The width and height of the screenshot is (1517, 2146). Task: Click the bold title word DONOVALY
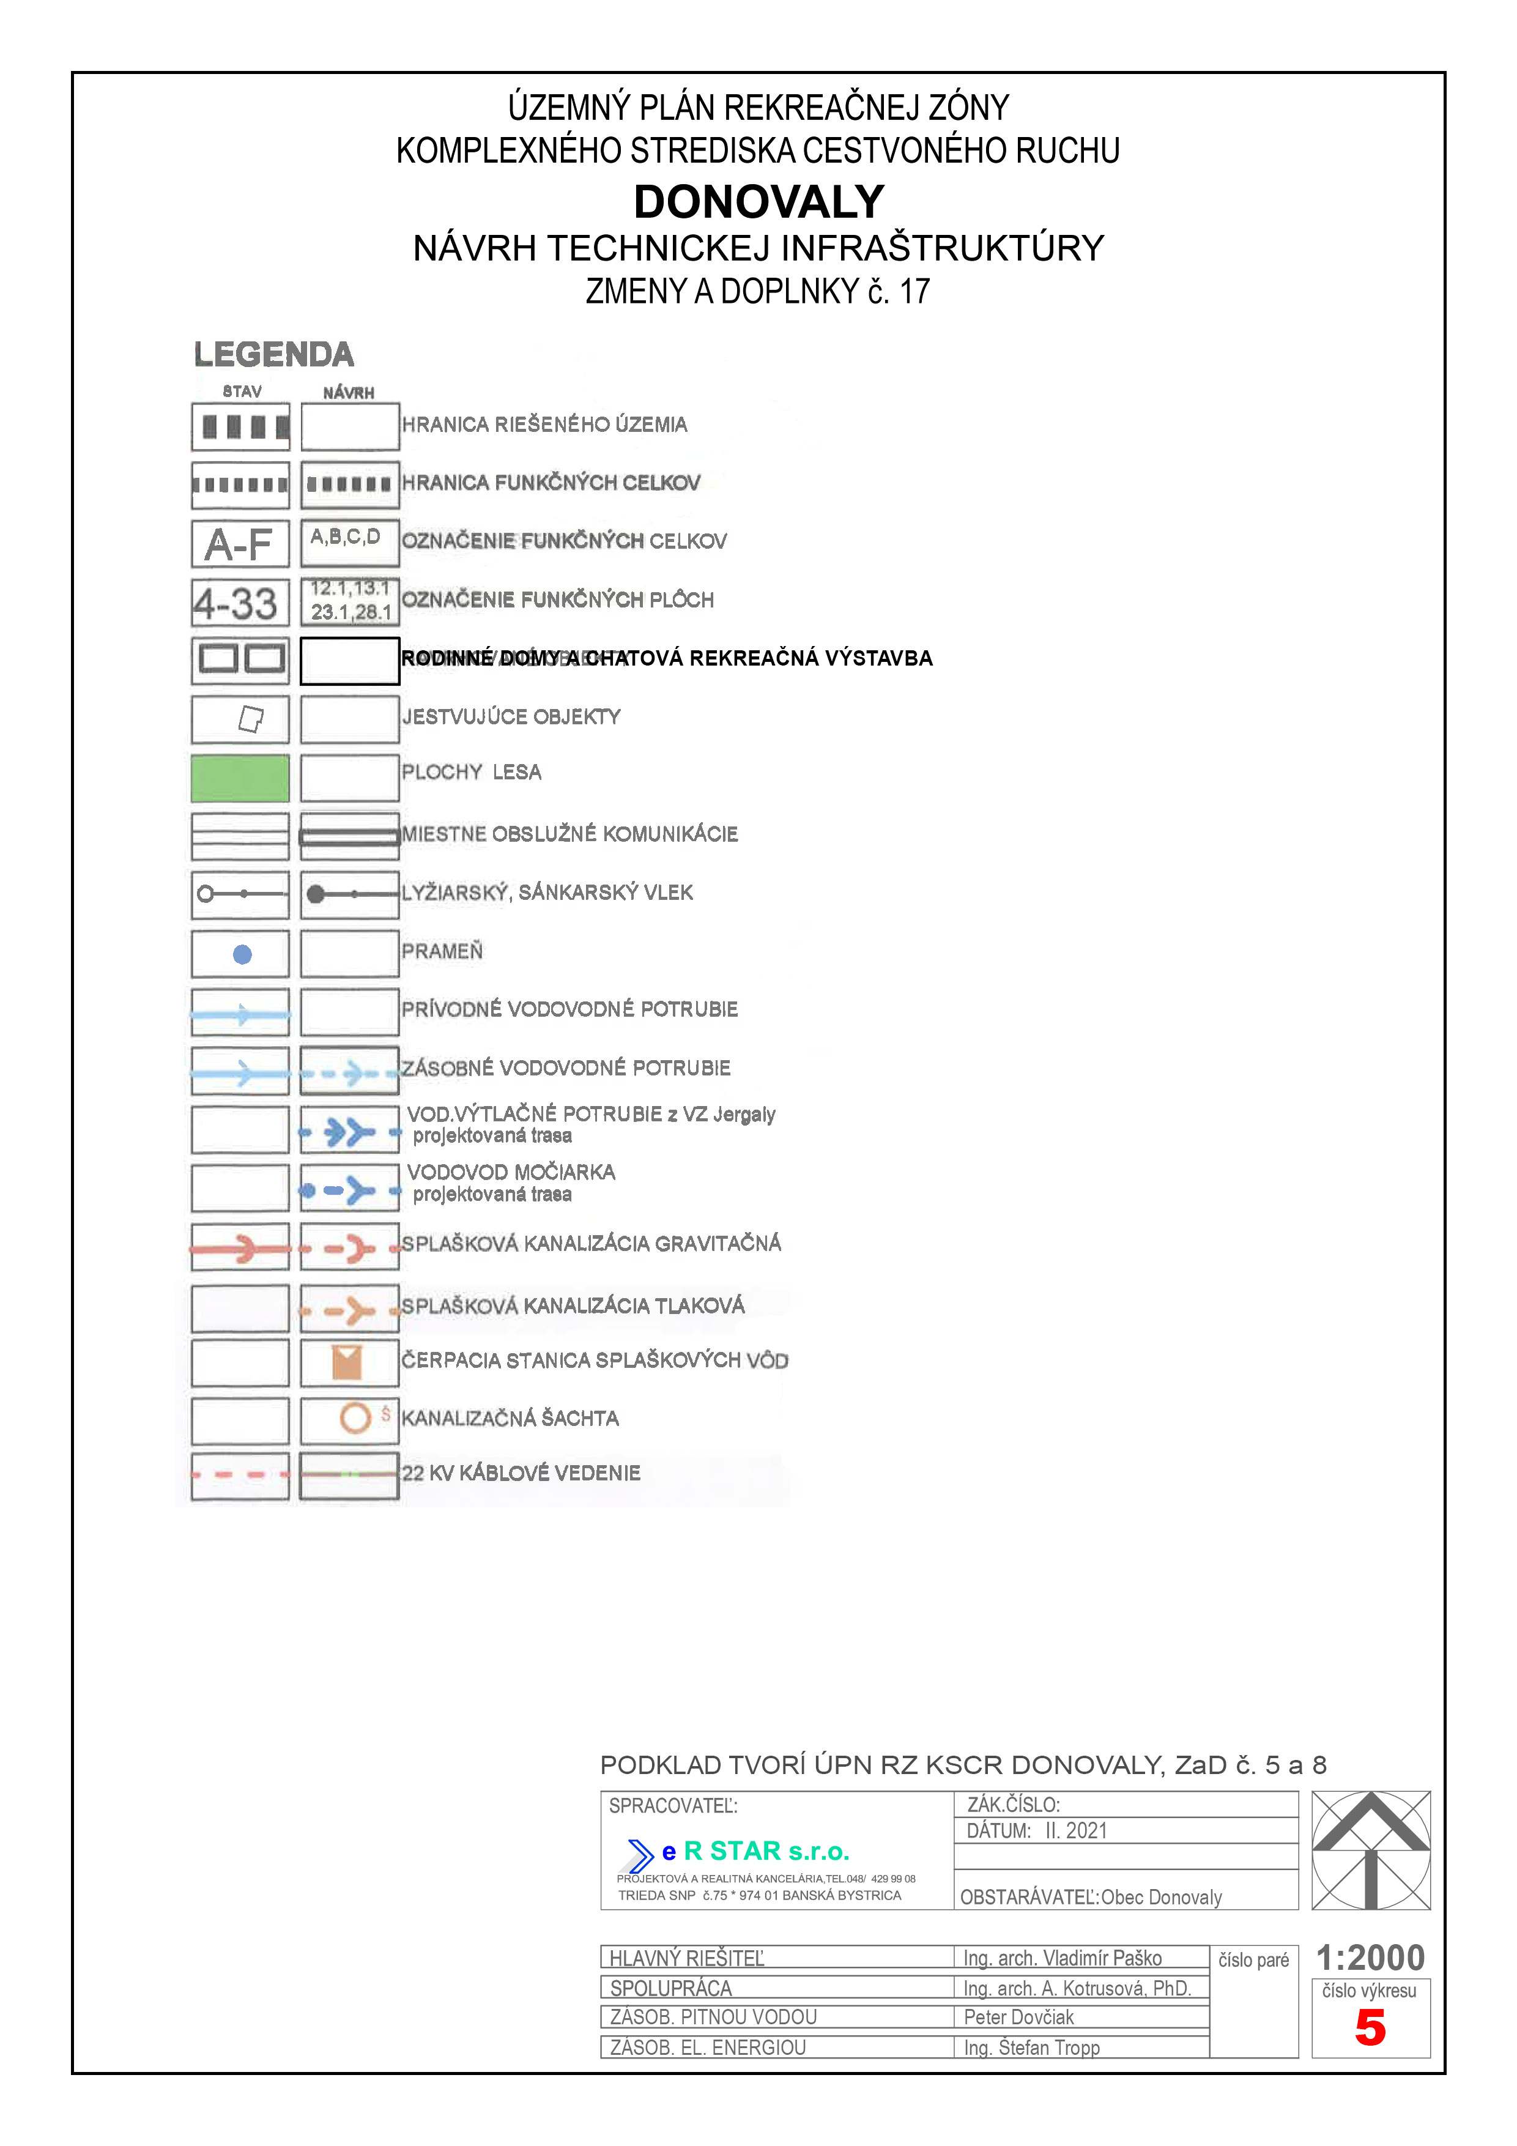[x=758, y=202]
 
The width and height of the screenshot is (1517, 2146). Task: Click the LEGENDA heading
[x=274, y=355]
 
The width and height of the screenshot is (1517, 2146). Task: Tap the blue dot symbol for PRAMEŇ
[x=242, y=954]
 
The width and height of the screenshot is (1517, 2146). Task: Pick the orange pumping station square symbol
[x=347, y=1363]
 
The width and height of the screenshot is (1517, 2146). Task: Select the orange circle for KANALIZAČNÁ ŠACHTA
[x=355, y=1419]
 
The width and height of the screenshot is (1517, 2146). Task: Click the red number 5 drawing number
[x=1370, y=2028]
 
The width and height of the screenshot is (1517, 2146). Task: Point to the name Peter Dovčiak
[x=1019, y=2017]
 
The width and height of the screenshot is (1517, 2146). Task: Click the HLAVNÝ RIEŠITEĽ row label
[x=687, y=1958]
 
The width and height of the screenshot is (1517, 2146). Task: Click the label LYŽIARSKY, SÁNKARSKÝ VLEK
[x=547, y=893]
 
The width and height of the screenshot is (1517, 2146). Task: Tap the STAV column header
[x=242, y=392]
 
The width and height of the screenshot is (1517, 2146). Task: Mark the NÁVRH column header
[x=349, y=393]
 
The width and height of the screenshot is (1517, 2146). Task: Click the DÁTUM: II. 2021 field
[x=1037, y=1831]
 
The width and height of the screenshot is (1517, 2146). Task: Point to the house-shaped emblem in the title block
[x=1370, y=1850]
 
